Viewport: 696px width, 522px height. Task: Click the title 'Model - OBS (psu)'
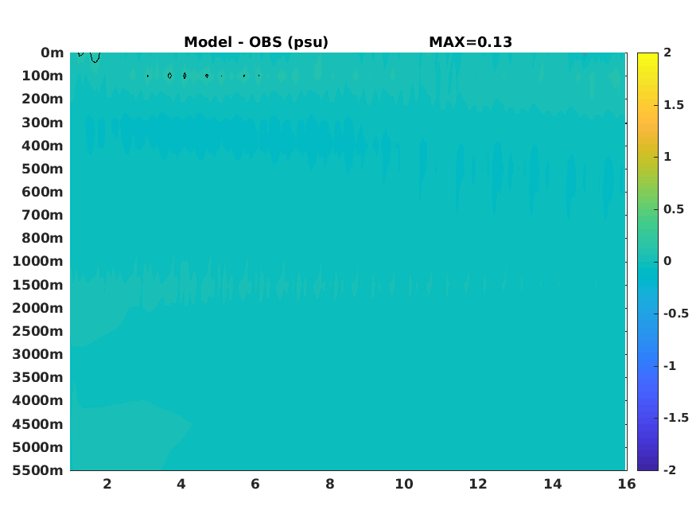[x=256, y=42]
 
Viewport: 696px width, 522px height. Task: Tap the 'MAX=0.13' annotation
[x=471, y=42]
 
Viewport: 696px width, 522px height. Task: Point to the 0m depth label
[x=52, y=53]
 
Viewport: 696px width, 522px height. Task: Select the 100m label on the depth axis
[x=43, y=76]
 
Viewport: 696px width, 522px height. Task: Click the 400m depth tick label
[x=43, y=146]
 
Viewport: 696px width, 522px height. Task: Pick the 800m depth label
[x=43, y=239]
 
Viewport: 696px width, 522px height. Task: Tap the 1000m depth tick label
[x=37, y=262]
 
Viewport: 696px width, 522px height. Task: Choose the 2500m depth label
[x=37, y=331]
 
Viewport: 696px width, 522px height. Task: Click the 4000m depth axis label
[x=37, y=400]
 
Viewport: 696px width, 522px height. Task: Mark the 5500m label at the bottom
[x=37, y=470]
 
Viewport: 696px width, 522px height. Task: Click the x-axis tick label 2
[x=107, y=484]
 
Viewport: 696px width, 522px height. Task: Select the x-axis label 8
[x=329, y=484]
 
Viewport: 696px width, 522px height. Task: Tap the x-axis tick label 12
[x=478, y=484]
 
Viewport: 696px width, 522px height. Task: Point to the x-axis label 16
[x=627, y=484]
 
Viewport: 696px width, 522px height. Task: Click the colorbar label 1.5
[x=674, y=105]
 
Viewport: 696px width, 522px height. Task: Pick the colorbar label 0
[x=667, y=261]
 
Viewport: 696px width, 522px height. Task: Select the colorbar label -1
[x=670, y=366]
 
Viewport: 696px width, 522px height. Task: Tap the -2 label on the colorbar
[x=670, y=470]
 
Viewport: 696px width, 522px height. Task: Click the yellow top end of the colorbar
[x=647, y=55]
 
